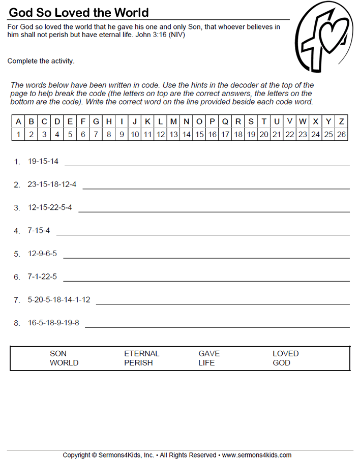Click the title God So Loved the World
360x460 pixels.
coord(79,12)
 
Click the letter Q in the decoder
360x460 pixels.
coord(225,121)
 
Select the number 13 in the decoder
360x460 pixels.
coord(173,134)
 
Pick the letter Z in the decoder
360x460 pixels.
coord(341,121)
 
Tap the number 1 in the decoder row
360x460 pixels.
coord(18,134)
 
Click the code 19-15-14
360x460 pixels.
coord(43,161)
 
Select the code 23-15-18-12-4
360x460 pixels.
coord(52,185)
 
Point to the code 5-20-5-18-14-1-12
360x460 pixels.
coord(59,300)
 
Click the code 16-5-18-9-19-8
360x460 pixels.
coord(53,323)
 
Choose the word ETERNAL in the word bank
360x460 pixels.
coord(142,353)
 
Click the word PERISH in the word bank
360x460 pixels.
coord(138,363)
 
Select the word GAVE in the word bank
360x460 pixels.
coord(209,353)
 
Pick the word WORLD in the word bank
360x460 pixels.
coord(64,363)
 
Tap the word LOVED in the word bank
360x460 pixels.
coord(286,353)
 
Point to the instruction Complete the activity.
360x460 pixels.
coord(41,61)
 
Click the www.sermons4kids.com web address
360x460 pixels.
coord(257,455)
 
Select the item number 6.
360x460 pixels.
coord(17,277)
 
